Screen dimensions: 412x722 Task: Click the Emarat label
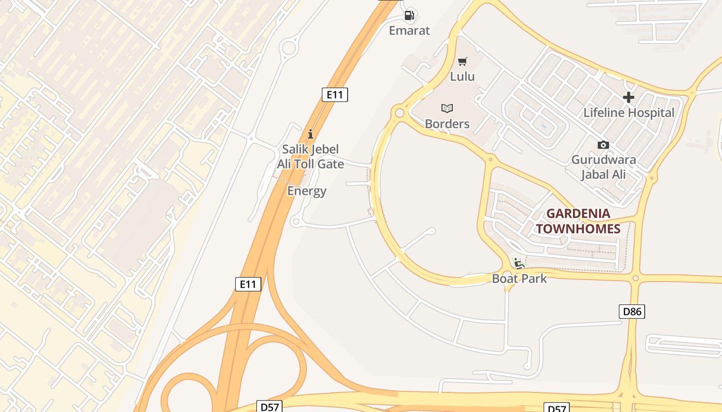[x=409, y=30]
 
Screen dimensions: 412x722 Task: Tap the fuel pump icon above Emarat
[x=409, y=15]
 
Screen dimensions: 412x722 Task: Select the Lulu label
[x=462, y=77]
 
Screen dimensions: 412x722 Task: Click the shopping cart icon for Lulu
[x=463, y=61]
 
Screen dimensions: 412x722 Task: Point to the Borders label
[x=447, y=124]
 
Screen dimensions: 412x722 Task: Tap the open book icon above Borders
[x=447, y=108]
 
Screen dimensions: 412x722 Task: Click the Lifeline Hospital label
[x=629, y=113]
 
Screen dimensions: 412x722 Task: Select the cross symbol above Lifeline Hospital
[x=629, y=97]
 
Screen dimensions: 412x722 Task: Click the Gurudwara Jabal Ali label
[x=603, y=167]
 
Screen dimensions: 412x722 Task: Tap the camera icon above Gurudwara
[x=603, y=145]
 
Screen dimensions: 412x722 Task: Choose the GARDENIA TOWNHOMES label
[x=578, y=221]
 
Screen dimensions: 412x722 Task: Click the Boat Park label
[x=519, y=279]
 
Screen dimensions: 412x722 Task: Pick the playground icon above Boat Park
[x=519, y=264]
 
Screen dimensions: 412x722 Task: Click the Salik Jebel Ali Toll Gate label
[x=310, y=157]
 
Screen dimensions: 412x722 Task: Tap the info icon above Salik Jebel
[x=310, y=134]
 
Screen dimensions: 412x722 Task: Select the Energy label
[x=307, y=191]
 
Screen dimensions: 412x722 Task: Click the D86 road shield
[x=632, y=311]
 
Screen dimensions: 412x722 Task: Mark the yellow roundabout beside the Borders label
[x=399, y=112]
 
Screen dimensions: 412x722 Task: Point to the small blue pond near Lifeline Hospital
[x=543, y=126]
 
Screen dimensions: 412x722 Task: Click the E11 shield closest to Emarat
[x=335, y=94]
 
